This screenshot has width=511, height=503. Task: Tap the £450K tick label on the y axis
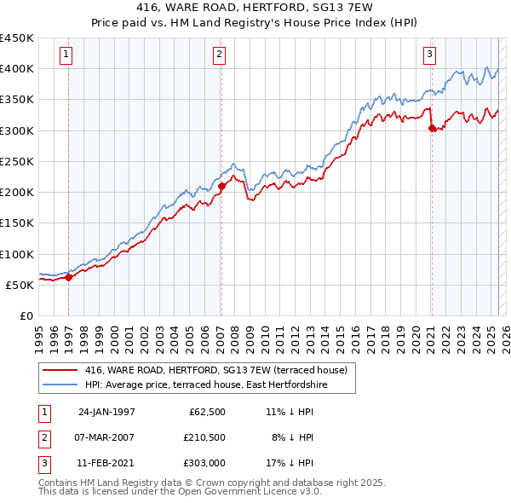coord(17,38)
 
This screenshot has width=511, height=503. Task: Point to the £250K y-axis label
coord(17,162)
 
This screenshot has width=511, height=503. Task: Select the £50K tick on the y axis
coord(20,286)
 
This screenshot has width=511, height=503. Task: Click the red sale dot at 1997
coord(69,277)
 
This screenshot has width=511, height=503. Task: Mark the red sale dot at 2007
coord(221,185)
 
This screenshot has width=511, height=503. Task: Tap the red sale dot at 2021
coord(432,129)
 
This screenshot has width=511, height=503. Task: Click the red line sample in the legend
coord(60,371)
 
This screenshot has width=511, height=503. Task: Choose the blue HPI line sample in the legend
coord(60,385)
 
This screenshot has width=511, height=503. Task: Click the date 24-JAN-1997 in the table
coord(106,412)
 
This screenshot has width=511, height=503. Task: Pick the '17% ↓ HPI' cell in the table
coord(290,463)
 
